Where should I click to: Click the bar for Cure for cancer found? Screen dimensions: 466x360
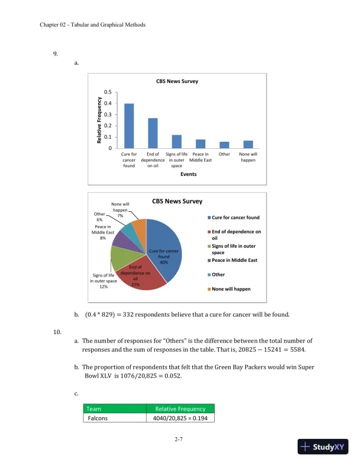pyautogui.click(x=129, y=125)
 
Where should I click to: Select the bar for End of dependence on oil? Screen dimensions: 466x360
pyautogui.click(x=152, y=133)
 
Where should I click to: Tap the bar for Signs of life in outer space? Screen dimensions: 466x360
pyautogui.click(x=176, y=141)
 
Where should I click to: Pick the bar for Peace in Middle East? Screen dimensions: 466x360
pyautogui.click(x=201, y=144)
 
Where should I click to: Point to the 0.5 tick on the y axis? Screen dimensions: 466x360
pyautogui.click(x=106, y=92)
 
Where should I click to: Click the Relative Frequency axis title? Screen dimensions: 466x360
pyautogui.click(x=99, y=120)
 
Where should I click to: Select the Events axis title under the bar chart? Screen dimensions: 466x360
pyautogui.click(x=188, y=174)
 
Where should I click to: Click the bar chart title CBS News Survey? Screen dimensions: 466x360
pyautogui.click(x=177, y=82)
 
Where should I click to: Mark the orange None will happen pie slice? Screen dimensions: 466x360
pyautogui.click(x=139, y=226)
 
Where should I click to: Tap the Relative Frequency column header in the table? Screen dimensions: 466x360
pyautogui.click(x=179, y=409)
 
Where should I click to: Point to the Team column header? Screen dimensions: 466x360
pyautogui.click(x=94, y=409)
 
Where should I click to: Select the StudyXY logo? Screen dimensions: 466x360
pyautogui.click(x=324, y=447)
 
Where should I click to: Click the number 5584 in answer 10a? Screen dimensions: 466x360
pyautogui.click(x=302, y=349)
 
